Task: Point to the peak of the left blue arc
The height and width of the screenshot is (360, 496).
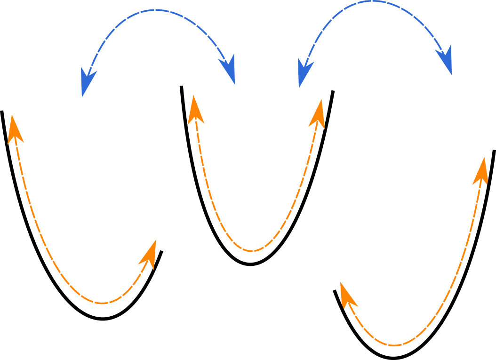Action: (156, 10)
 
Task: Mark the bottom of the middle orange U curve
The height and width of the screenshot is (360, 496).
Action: (252, 251)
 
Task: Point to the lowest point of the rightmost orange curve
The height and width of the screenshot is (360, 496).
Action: (394, 345)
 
